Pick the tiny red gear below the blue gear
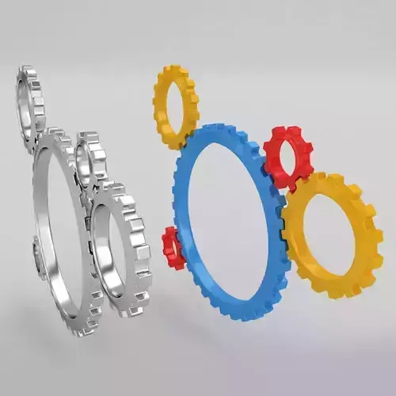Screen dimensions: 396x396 coord(170,247)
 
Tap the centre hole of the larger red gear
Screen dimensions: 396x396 coord(291,158)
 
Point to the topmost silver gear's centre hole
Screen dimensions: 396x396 coord(30,107)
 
